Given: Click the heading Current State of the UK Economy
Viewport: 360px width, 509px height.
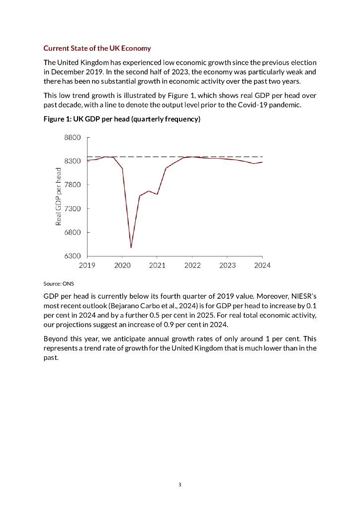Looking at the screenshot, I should coord(97,48).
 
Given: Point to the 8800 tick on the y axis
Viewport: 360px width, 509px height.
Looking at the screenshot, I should coord(73,138).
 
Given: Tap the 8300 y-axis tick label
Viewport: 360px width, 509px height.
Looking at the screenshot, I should coord(73,162).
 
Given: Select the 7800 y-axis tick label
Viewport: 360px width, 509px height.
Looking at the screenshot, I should coord(73,185).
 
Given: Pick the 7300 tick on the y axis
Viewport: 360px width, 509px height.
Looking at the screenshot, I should coord(73,209).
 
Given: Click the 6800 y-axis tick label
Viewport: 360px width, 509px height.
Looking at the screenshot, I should coord(73,232).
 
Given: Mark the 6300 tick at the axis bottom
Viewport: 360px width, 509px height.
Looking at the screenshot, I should coord(73,256).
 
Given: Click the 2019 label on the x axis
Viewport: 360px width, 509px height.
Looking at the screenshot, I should coord(88,265).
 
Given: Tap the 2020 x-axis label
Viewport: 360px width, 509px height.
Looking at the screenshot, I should coord(122,265).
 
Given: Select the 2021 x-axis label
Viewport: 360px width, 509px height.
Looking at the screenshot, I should coord(158,265).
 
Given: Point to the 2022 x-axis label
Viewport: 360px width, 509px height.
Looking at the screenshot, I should coord(192,265).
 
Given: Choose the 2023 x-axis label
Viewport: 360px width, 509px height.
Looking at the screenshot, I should coord(228,265).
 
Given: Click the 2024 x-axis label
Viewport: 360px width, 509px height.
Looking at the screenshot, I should coord(262,265).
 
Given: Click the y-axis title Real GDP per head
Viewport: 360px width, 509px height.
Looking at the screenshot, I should coord(58,196).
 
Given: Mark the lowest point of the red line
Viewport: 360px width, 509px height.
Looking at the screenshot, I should coord(131,247).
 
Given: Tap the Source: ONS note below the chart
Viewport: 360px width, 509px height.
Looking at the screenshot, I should coord(59,283).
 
